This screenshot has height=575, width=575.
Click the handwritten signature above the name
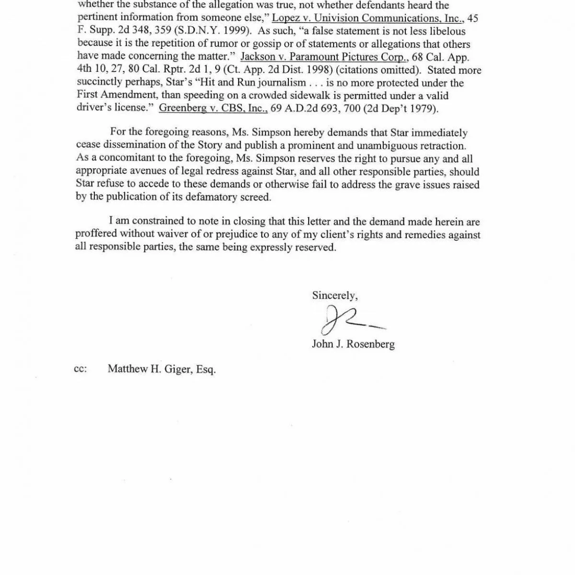click(347, 320)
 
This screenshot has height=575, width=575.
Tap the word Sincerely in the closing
click(334, 295)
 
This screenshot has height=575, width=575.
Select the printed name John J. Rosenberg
click(353, 344)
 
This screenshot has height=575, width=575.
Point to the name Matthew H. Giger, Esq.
click(161, 369)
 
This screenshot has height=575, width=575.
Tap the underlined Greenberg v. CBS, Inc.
click(213, 108)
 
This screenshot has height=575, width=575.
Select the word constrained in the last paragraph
click(158, 222)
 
